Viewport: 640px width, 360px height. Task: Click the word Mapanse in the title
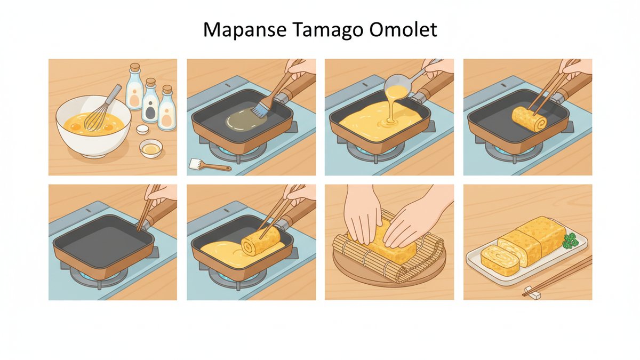pos(245,30)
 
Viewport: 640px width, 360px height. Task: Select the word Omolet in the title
pos(403,30)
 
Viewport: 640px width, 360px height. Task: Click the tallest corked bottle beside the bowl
pos(134,86)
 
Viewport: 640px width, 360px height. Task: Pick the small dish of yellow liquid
pos(151,149)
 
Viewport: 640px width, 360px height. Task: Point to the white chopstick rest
pos(533,294)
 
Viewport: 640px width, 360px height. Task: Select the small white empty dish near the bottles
pos(142,129)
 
